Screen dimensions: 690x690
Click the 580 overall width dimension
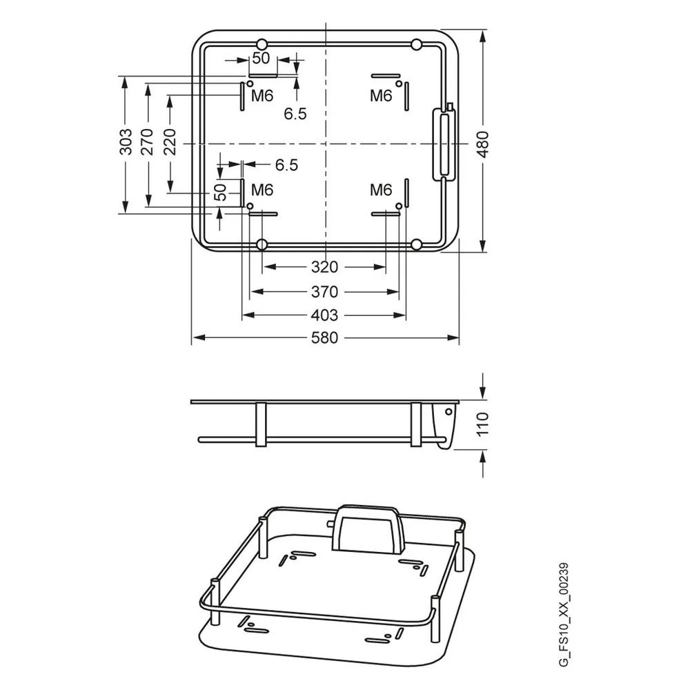pyautogui.click(x=324, y=338)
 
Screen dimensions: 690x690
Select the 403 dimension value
pyautogui.click(x=324, y=315)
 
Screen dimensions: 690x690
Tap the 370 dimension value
pyautogui.click(x=324, y=292)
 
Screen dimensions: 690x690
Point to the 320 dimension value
pyautogui.click(x=324, y=267)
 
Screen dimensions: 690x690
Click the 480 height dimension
pyautogui.click(x=483, y=144)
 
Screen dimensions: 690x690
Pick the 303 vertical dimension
pyautogui.click(x=126, y=141)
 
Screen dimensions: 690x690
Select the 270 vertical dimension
pyautogui.click(x=147, y=141)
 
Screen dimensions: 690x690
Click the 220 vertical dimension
pyautogui.click(x=170, y=141)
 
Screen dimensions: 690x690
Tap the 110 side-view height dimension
pyautogui.click(x=483, y=424)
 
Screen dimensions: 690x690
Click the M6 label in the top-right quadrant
pyautogui.click(x=381, y=95)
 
